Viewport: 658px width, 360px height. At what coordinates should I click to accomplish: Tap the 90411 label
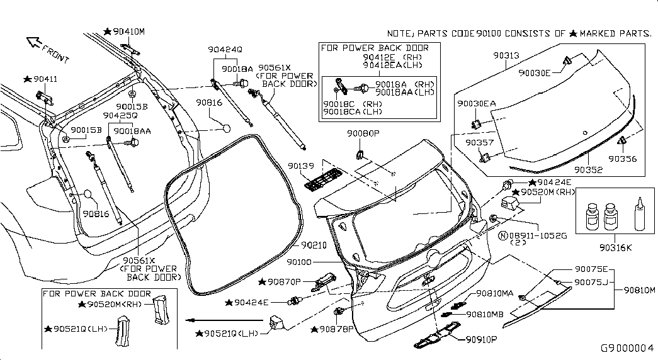click(x=45, y=79)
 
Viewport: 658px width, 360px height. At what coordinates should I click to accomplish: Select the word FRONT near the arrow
click(x=55, y=52)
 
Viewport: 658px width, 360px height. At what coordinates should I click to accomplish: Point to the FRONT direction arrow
click(x=33, y=43)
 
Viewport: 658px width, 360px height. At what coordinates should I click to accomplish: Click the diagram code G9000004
click(x=627, y=348)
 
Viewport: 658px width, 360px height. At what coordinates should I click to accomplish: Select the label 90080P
click(x=363, y=134)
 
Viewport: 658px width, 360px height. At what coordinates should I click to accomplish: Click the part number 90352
click(x=587, y=170)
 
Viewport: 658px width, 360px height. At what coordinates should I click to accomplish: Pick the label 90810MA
click(x=495, y=293)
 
